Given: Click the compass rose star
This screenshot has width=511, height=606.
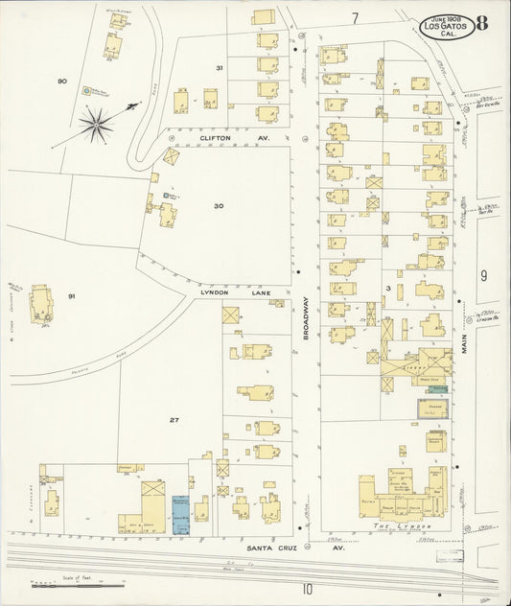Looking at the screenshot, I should (x=96, y=122).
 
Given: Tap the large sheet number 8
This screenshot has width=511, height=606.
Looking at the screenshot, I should (x=482, y=24).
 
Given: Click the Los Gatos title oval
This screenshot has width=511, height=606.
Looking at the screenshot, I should (x=444, y=26).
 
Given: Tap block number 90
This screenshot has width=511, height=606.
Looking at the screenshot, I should (x=62, y=82).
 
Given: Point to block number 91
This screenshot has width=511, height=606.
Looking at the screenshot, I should (x=71, y=297).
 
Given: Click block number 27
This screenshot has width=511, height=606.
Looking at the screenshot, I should (x=174, y=420).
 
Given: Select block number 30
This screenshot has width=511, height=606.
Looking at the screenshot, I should (x=219, y=205).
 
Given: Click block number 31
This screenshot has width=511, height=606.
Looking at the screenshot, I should (x=220, y=68).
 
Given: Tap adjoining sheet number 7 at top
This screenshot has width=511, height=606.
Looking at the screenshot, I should (x=354, y=18).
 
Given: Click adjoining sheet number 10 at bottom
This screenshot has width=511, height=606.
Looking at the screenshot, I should (x=307, y=589).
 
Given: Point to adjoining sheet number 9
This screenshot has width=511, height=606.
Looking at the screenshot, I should (x=484, y=276).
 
